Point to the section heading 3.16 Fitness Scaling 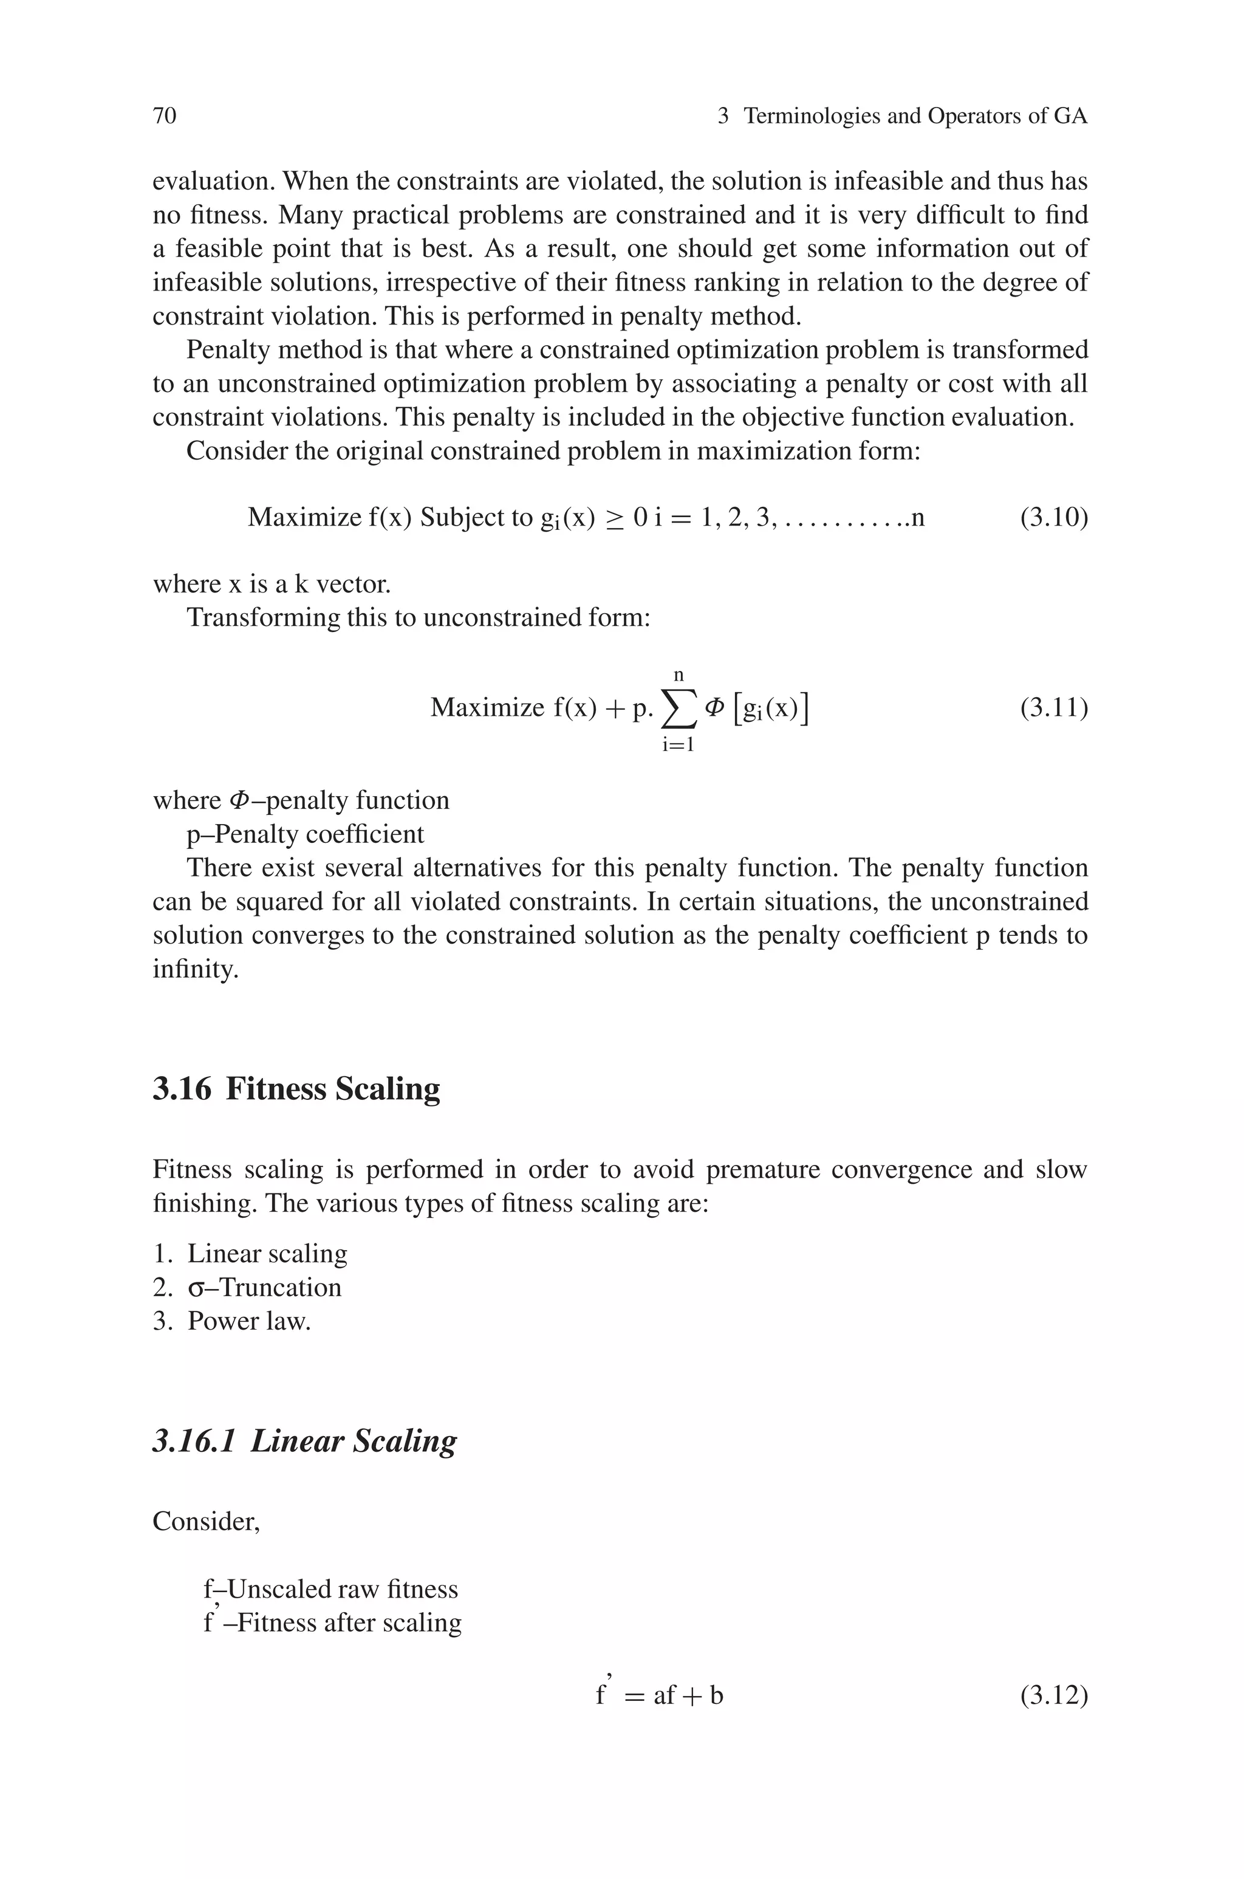(x=296, y=1088)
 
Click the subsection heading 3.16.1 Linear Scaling (x=305, y=1440)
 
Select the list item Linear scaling (x=267, y=1253)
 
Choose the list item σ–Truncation (x=264, y=1286)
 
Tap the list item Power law (x=248, y=1321)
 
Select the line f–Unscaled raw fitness (x=331, y=1589)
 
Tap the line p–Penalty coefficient (x=306, y=834)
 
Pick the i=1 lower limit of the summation (x=678, y=744)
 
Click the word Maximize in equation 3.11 (x=487, y=707)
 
